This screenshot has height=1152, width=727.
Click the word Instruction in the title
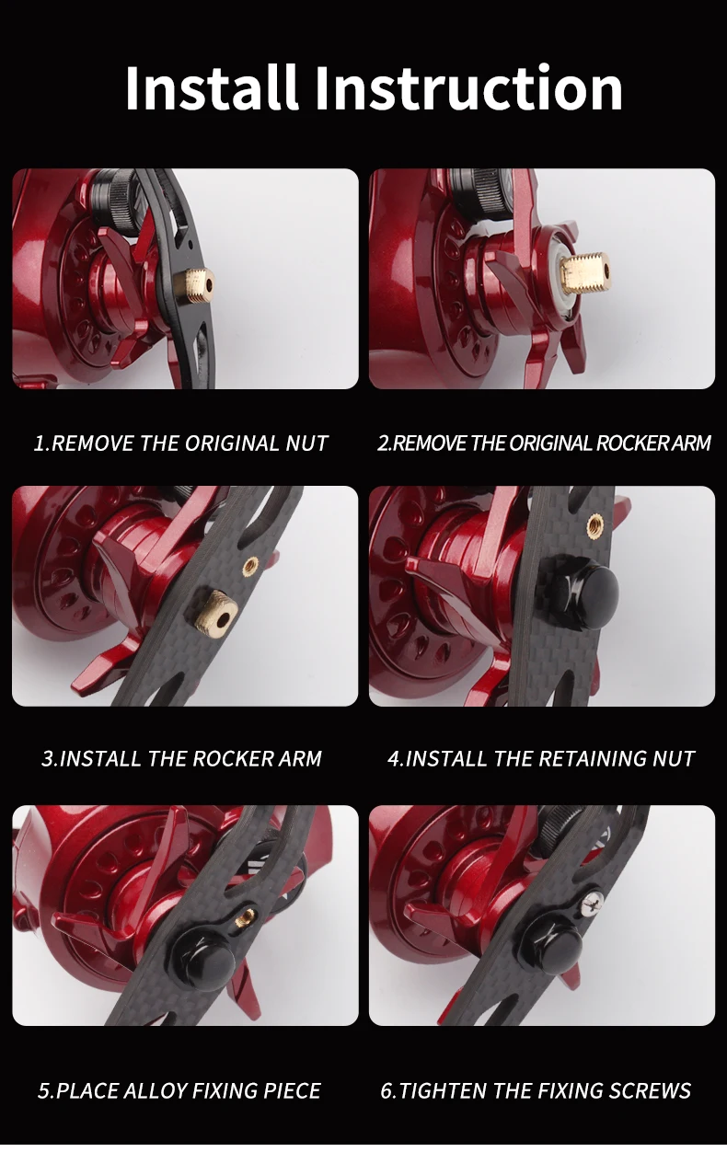[x=468, y=87]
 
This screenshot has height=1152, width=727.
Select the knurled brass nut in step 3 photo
[x=214, y=611]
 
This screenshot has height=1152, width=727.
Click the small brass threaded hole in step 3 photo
[x=250, y=566]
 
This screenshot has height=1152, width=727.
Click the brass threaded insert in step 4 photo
[x=595, y=525]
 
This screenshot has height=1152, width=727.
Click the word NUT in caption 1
[x=306, y=444]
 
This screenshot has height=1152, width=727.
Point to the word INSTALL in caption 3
[x=99, y=758]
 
